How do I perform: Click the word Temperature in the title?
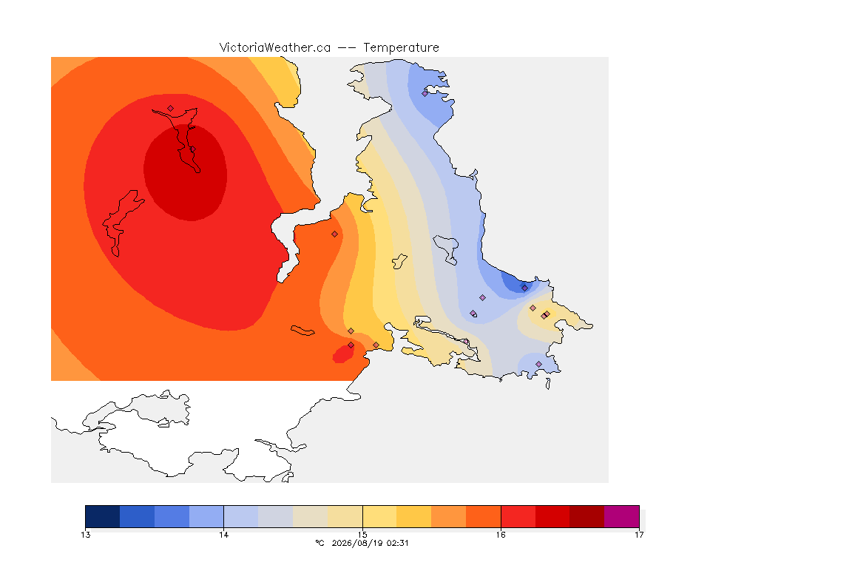pyautogui.click(x=401, y=48)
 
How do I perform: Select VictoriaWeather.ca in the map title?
pyautogui.click(x=275, y=48)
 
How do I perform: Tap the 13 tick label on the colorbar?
pyautogui.click(x=85, y=535)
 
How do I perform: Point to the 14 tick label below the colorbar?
pyautogui.click(x=224, y=535)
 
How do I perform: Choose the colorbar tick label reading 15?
pyautogui.click(x=362, y=535)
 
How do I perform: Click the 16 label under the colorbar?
pyautogui.click(x=501, y=535)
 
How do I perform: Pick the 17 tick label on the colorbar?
pyautogui.click(x=639, y=535)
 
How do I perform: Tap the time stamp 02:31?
pyautogui.click(x=398, y=543)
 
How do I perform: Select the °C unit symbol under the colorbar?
pyautogui.click(x=320, y=543)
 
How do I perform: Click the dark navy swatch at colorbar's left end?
pyautogui.click(x=103, y=516)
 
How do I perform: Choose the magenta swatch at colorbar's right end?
pyautogui.click(x=621, y=516)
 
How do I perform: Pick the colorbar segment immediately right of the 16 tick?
pyautogui.click(x=518, y=516)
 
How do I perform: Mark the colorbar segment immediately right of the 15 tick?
pyautogui.click(x=380, y=516)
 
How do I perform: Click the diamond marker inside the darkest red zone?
pyautogui.click(x=192, y=149)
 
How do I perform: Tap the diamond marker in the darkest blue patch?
pyautogui.click(x=524, y=288)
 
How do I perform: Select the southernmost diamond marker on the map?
pyautogui.click(x=538, y=364)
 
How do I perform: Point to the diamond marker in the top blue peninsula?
pyautogui.click(x=425, y=93)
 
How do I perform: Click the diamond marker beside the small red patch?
pyautogui.click(x=351, y=345)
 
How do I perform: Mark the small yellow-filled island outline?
pyautogui.click(x=399, y=262)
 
